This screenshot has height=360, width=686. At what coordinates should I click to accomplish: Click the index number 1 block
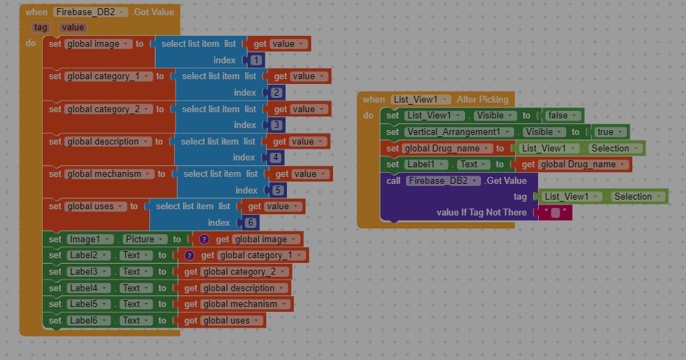256,60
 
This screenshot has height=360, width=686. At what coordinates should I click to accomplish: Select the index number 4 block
275,157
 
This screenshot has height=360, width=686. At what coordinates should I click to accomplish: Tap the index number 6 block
250,222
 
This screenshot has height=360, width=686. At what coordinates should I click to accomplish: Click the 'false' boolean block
563,116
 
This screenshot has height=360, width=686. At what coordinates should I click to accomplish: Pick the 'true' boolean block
610,131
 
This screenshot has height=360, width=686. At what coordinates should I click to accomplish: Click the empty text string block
555,213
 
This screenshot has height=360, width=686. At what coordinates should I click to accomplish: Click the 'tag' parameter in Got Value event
40,28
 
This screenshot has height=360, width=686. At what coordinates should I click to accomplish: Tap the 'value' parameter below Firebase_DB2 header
73,28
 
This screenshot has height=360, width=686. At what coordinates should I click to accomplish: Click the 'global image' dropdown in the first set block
98,44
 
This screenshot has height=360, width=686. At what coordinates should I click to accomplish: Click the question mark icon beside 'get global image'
204,240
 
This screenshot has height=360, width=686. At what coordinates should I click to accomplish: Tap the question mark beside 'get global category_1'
189,255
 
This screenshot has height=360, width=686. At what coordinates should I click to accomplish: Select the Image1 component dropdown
90,240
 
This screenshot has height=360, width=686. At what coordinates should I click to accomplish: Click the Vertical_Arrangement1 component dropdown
459,131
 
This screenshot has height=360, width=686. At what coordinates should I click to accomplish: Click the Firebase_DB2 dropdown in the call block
443,180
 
